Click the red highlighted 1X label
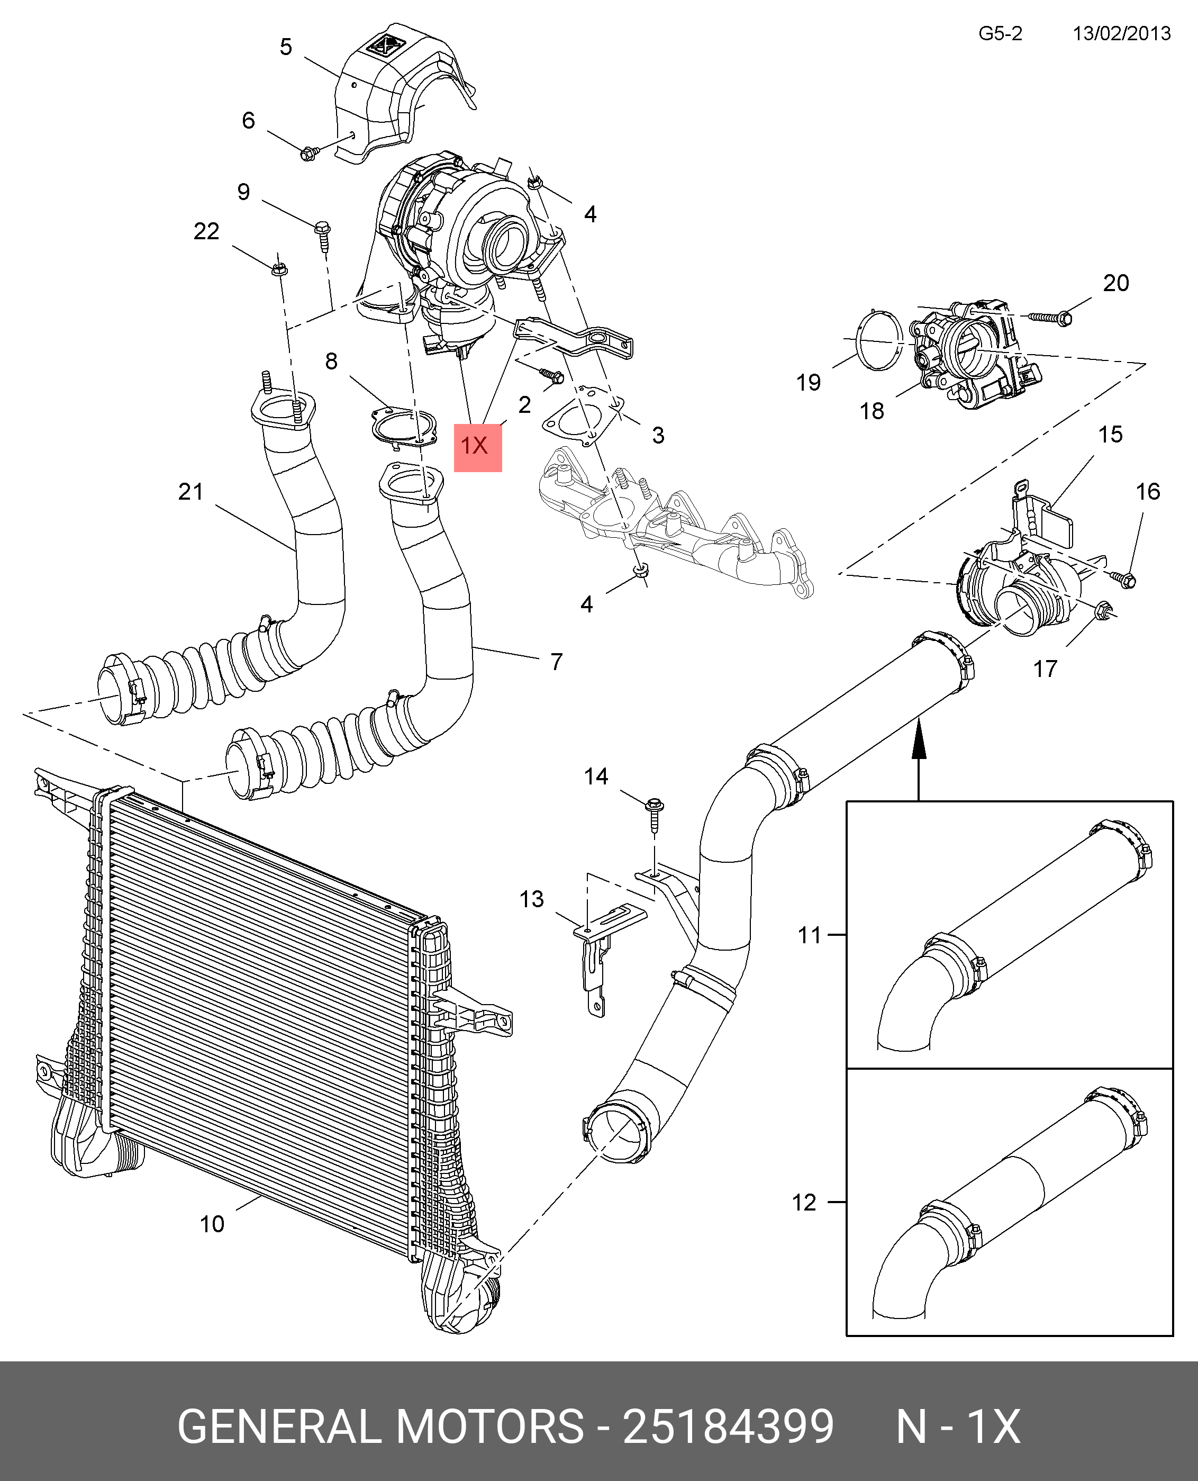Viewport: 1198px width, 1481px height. (x=477, y=446)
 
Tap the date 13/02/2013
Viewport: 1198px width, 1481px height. (x=1121, y=34)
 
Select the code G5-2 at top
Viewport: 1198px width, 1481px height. (x=1000, y=34)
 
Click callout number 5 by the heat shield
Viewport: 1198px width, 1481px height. (x=286, y=47)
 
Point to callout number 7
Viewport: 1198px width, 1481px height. (x=556, y=662)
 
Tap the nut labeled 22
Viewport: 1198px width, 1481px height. (x=279, y=268)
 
